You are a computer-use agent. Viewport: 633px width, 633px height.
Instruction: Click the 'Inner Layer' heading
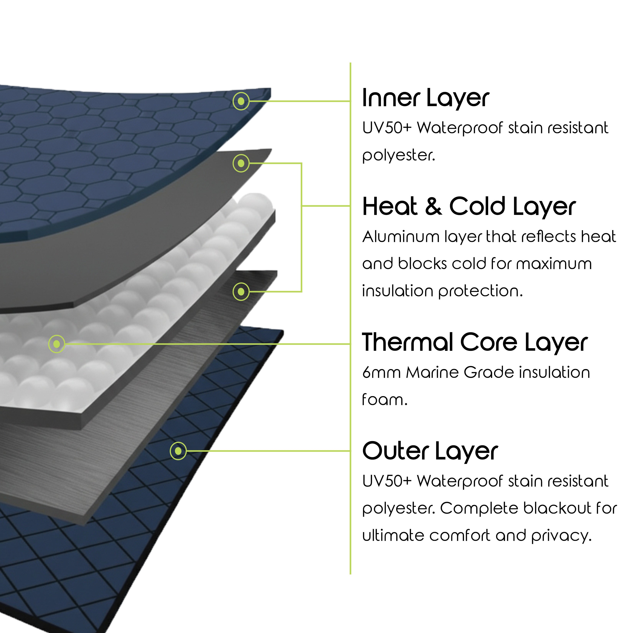[425, 98]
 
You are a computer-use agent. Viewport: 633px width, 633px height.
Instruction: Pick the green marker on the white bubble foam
[57, 344]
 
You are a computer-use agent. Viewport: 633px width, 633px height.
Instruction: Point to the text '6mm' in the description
[381, 373]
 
